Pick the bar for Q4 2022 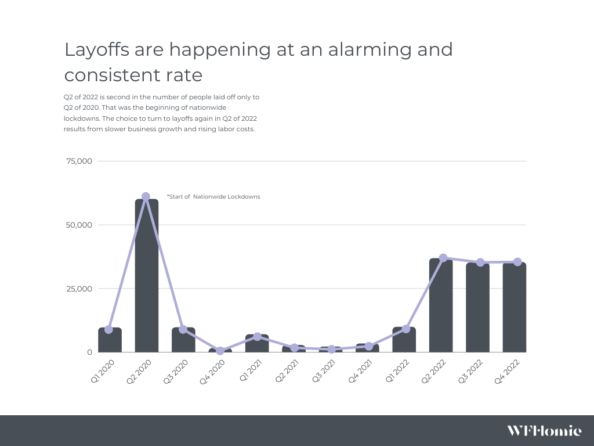click(x=515, y=307)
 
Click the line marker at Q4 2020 click(x=220, y=351)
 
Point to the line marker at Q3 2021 click(x=331, y=350)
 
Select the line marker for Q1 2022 click(x=405, y=329)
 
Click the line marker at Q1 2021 click(x=257, y=336)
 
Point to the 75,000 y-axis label click(x=78, y=161)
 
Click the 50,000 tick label click(x=78, y=225)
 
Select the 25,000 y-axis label click(x=78, y=289)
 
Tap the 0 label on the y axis click(x=90, y=352)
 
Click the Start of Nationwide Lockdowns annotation click(x=213, y=197)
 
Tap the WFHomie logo click(x=544, y=430)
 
